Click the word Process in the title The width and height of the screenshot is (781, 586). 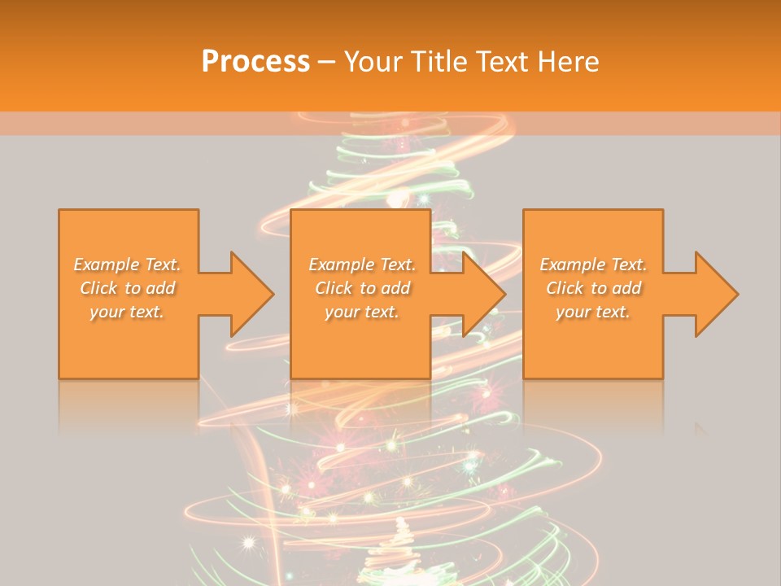point(255,62)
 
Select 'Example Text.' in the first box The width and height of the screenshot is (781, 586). point(127,265)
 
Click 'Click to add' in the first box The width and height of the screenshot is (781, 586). point(127,288)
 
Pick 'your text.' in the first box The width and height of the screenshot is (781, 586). point(127,312)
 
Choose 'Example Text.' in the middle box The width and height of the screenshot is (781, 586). point(362,265)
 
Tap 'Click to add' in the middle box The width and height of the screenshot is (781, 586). point(362,288)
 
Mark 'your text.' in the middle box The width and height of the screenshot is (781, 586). point(362,312)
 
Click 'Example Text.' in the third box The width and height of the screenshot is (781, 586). point(593,265)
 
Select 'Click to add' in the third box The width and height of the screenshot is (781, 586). point(593,288)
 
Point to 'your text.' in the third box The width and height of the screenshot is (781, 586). point(593,312)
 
